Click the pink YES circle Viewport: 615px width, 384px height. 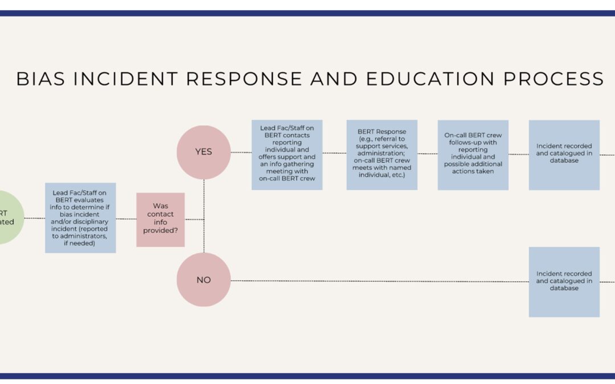click(203, 152)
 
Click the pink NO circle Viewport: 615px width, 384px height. click(203, 280)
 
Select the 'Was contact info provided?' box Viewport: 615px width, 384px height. click(161, 220)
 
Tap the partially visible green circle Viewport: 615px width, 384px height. click(9, 218)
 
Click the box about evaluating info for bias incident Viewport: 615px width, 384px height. click(80, 218)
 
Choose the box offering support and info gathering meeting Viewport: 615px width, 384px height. click(287, 155)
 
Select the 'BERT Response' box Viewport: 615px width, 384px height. click(382, 155)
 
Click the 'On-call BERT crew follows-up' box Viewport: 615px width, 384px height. click(473, 155)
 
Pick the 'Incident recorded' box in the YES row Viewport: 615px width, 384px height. click(564, 155)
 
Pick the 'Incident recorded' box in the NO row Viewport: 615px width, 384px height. click(564, 282)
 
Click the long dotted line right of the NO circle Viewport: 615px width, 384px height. click(376, 280)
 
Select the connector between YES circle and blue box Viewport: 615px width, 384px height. click(241, 152)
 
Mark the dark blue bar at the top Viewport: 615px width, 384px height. click(307, 13)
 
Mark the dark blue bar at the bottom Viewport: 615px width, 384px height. click(307, 375)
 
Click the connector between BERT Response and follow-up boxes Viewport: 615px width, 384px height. click(428, 154)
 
